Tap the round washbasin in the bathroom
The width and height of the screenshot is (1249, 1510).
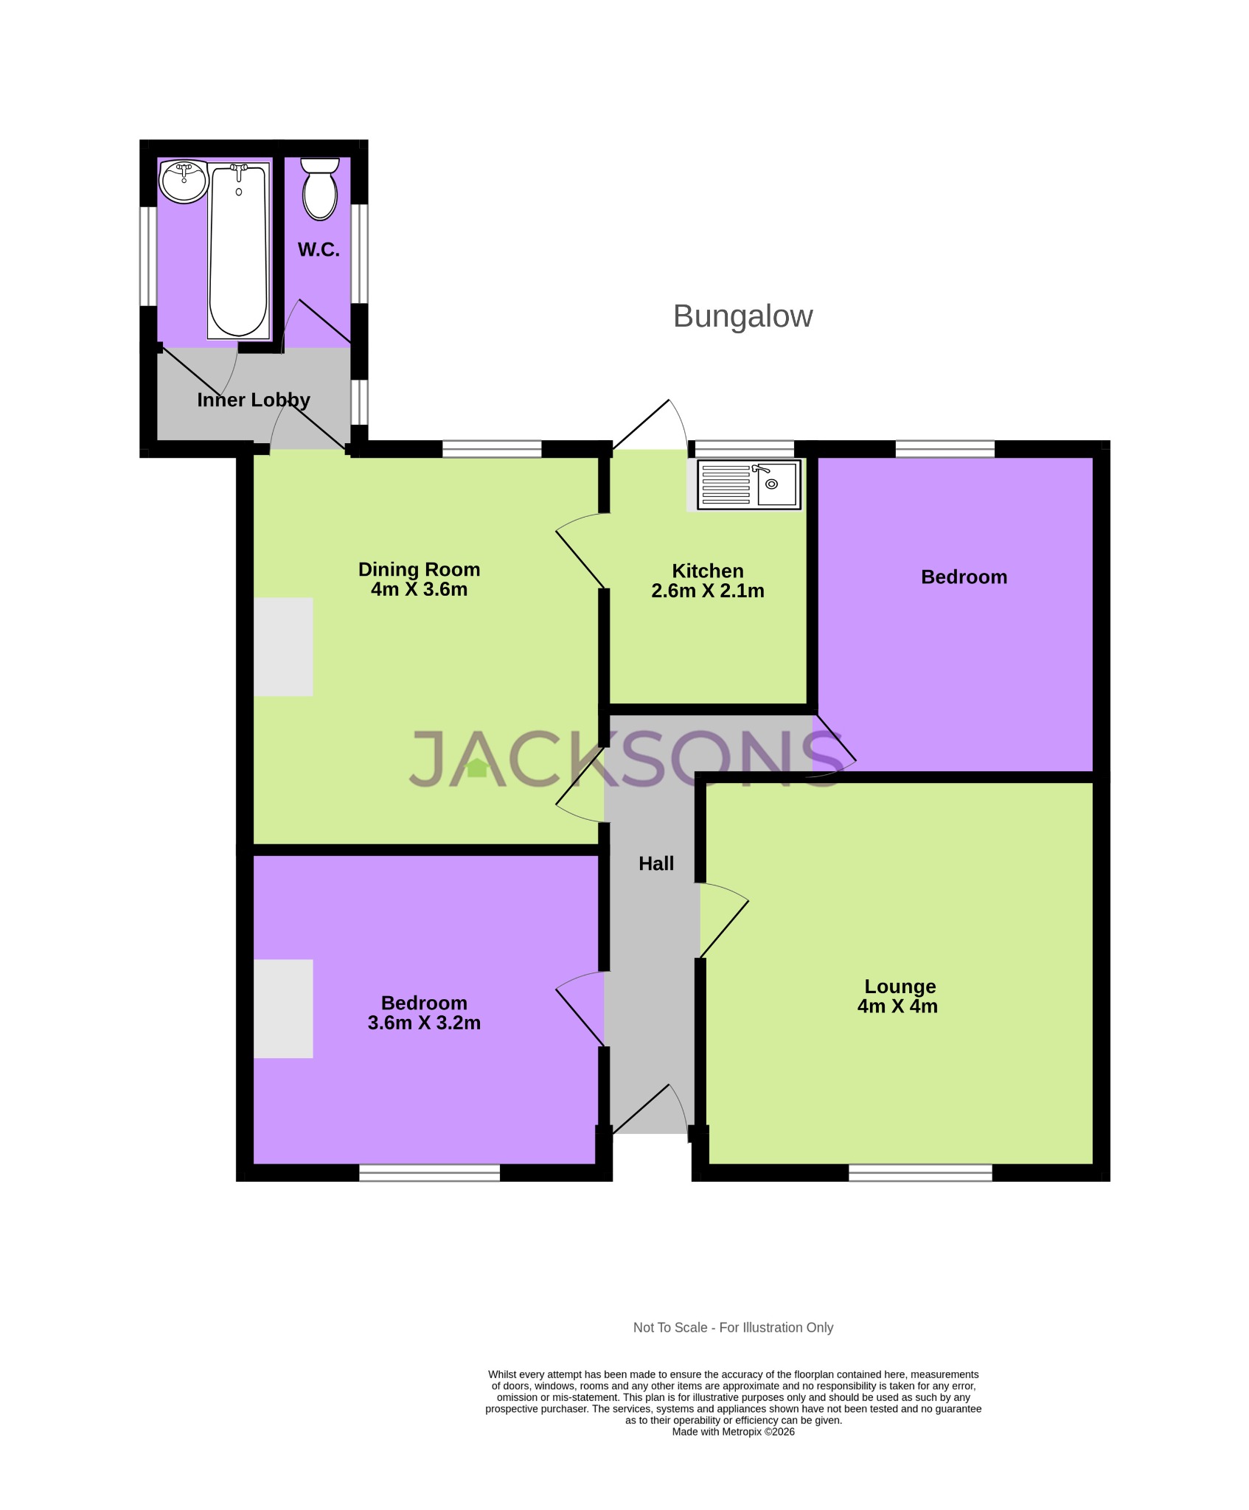click(184, 181)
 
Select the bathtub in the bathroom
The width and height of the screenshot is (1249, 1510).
click(238, 251)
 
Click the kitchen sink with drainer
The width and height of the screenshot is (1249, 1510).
click(748, 484)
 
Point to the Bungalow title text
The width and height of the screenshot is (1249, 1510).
click(742, 316)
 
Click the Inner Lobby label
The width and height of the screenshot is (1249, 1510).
click(253, 400)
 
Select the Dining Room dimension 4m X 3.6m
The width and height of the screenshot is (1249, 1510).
click(419, 589)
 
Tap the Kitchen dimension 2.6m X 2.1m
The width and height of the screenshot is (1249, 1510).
click(707, 591)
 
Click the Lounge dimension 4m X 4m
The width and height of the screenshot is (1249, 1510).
click(897, 1006)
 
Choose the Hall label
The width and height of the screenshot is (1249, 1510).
click(655, 863)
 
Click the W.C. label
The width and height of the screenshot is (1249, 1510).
click(319, 249)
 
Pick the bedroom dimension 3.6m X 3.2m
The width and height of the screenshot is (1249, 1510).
click(424, 1023)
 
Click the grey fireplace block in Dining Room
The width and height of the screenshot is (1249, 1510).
click(283, 647)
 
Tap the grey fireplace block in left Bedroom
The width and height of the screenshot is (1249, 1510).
click(283, 1008)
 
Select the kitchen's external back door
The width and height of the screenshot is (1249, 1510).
click(649, 425)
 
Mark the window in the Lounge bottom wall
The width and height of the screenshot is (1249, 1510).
click(920, 1172)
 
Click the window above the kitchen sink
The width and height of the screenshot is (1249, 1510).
click(745, 448)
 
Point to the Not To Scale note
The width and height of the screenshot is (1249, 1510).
click(733, 1327)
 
